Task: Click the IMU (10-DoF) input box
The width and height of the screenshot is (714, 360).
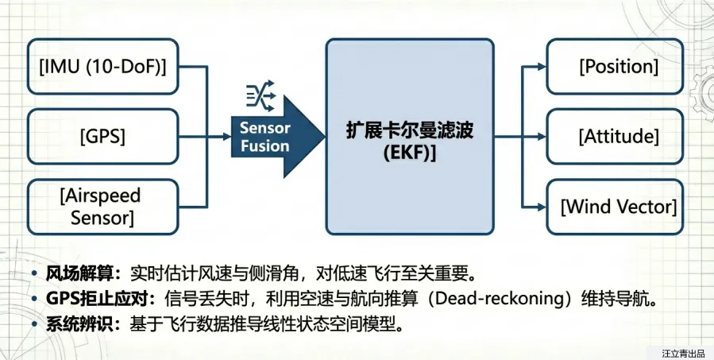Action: (102, 67)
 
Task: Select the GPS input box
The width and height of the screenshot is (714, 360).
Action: (102, 136)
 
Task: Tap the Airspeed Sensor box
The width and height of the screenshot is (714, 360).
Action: (102, 205)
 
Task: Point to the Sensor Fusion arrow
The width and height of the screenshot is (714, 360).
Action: (270, 136)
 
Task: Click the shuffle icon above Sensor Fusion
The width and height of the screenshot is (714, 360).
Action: (260, 96)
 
